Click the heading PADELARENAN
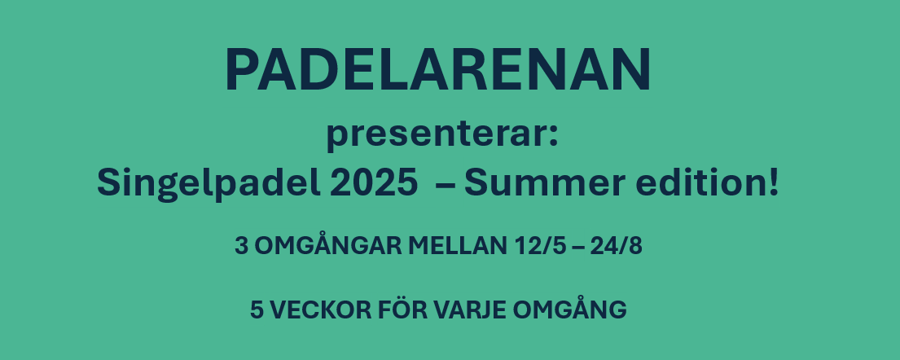[438, 69]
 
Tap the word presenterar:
[442, 136]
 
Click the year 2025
[374, 183]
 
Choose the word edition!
[707, 182]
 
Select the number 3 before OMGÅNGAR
[241, 246]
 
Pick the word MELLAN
[458, 246]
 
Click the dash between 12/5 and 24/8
[578, 248]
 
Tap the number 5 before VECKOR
[257, 310]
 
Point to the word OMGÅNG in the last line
[569, 309]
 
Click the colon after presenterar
[553, 138]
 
